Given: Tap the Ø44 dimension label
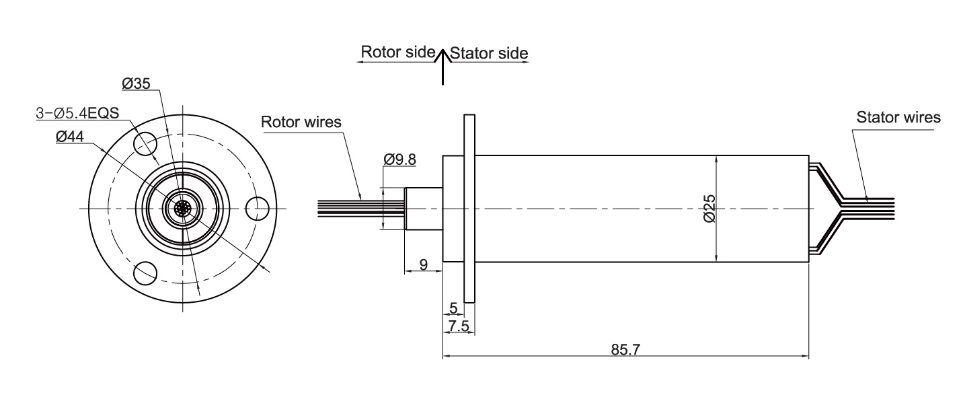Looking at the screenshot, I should coord(70,137).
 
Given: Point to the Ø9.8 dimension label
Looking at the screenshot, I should coord(399,159).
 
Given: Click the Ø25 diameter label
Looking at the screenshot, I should coord(708,209).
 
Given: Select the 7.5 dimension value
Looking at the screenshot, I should coord(457,326).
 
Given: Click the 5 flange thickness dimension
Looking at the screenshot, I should coord(453,308).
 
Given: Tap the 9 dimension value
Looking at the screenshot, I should coord(423,264).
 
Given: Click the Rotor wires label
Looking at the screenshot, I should coord(301,122).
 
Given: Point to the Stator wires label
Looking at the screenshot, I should coord(898,118).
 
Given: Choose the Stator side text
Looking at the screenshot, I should coord(488,53).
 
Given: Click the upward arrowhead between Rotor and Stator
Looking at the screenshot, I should coord(442,56).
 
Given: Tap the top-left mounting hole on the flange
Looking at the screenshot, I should coord(145,143).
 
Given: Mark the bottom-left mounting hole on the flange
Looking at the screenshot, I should coord(145,274).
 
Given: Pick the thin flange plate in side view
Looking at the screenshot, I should coord(469,209).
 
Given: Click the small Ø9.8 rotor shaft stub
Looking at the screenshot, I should coord(423,209).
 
